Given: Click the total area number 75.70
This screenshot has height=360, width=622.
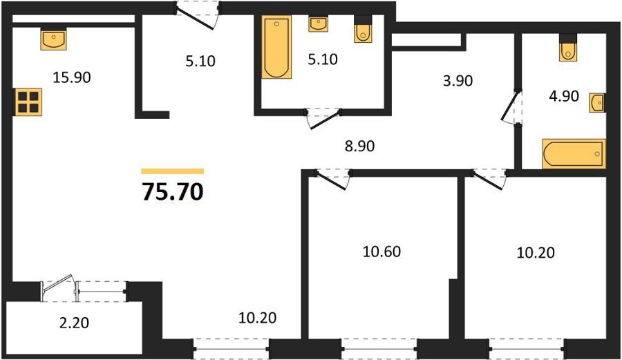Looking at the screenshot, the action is pyautogui.click(x=173, y=192).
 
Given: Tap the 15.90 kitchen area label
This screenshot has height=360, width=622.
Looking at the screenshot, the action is pyautogui.click(x=72, y=77).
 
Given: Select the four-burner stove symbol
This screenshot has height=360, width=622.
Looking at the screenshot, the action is pyautogui.click(x=28, y=102).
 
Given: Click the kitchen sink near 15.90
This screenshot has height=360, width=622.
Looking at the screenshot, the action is pyautogui.click(x=53, y=39).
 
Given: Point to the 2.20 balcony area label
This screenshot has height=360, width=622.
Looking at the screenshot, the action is pyautogui.click(x=74, y=323).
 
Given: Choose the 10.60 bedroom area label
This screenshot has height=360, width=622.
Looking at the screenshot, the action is pyautogui.click(x=381, y=252).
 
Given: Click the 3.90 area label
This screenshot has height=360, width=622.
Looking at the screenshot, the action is pyautogui.click(x=458, y=81).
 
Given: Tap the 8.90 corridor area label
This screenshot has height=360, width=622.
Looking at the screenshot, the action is pyautogui.click(x=360, y=146).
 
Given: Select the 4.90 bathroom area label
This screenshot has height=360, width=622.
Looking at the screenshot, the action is pyautogui.click(x=564, y=96).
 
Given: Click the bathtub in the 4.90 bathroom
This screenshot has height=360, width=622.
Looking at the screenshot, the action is pyautogui.click(x=574, y=154).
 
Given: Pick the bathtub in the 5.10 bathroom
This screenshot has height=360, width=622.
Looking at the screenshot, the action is pyautogui.click(x=276, y=47).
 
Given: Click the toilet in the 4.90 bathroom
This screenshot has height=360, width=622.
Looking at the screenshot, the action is pyautogui.click(x=568, y=48).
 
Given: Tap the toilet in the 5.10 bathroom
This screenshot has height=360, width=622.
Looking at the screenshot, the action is pyautogui.click(x=363, y=28).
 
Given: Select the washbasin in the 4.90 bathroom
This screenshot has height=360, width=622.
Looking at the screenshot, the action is pyautogui.click(x=597, y=103).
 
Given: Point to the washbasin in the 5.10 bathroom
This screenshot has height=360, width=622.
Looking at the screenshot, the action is pyautogui.click(x=319, y=23).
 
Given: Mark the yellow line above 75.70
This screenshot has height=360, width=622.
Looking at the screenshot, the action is pyautogui.click(x=173, y=171).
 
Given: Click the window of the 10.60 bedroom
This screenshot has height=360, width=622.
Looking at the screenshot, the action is pyautogui.click(x=379, y=349).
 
